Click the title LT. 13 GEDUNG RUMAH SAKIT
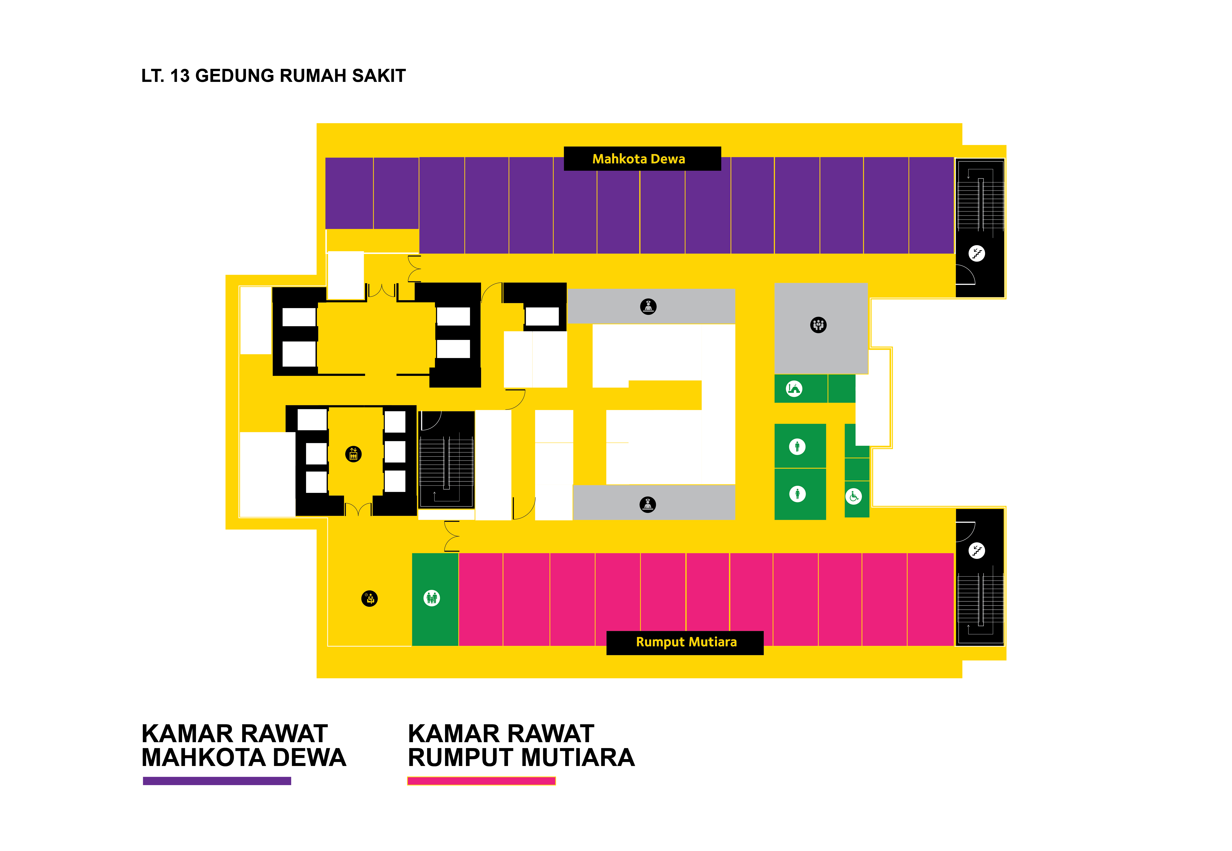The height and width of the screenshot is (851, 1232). pyautogui.click(x=273, y=76)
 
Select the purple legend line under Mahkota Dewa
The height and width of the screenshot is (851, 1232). pyautogui.click(x=217, y=781)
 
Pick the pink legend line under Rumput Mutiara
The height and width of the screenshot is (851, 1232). pyautogui.click(x=481, y=781)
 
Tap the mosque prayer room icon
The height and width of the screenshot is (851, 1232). pyautogui.click(x=794, y=388)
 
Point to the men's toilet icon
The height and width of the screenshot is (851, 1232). pyautogui.click(x=797, y=446)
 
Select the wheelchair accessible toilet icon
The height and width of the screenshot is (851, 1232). pyautogui.click(x=854, y=496)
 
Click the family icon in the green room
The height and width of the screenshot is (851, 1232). pyautogui.click(x=431, y=598)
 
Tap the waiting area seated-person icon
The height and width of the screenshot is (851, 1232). pyautogui.click(x=369, y=598)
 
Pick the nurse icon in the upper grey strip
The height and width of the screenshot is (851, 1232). pyautogui.click(x=648, y=306)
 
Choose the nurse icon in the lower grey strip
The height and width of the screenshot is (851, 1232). pyautogui.click(x=647, y=504)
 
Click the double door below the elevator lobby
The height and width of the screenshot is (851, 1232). pyautogui.click(x=358, y=509)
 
